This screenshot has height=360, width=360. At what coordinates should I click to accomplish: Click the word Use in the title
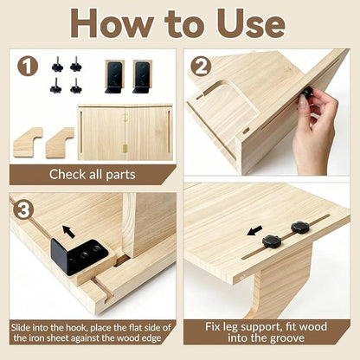tap(251, 23)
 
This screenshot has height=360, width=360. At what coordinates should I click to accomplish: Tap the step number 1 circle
tap(28, 67)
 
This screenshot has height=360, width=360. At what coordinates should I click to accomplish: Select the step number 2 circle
tap(201, 67)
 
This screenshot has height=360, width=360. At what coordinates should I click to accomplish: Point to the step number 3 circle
tap(23, 209)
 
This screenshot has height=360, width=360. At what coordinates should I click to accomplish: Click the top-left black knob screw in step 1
tap(58, 64)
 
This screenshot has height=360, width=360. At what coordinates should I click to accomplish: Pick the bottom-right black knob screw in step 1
tap(76, 86)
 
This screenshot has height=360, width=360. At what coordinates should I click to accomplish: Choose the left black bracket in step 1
tap(114, 77)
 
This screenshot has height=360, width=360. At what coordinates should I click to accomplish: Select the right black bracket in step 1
tap(143, 77)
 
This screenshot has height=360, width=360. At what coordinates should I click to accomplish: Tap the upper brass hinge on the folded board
tap(125, 118)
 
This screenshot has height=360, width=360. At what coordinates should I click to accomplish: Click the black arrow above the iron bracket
tap(69, 231)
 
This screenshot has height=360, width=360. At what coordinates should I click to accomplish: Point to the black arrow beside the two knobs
tap(255, 230)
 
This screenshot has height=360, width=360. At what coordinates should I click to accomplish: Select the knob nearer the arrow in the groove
tap(271, 241)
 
